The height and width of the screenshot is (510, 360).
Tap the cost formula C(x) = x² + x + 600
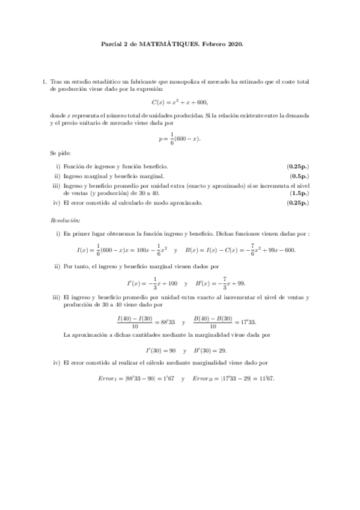(179, 102)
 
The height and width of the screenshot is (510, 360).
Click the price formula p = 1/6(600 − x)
(179, 138)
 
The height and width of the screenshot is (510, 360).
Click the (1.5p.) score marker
(298, 194)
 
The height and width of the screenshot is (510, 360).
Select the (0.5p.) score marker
(298, 176)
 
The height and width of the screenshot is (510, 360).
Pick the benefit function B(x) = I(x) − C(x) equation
(240, 250)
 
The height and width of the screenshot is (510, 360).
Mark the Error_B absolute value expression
(224, 379)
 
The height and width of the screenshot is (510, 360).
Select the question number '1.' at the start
(44, 81)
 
